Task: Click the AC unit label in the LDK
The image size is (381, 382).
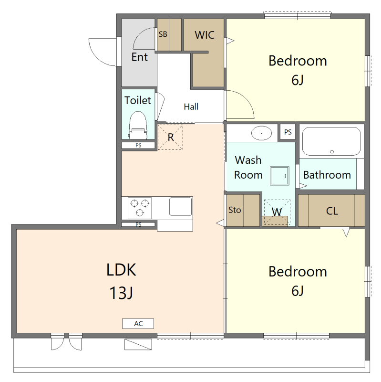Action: tap(138, 324)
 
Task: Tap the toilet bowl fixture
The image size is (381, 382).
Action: tap(138, 125)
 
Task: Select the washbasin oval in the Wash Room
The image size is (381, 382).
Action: tap(261, 133)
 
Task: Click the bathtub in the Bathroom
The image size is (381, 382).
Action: tap(331, 141)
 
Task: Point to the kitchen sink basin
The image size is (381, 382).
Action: tap(181, 206)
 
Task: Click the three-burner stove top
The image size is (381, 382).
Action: tap(140, 208)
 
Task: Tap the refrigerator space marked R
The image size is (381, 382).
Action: tap(170, 137)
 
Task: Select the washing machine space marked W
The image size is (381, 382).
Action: tap(277, 212)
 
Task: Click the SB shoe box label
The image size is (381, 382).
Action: tap(163, 34)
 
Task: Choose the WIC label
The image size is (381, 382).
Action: tap(205, 35)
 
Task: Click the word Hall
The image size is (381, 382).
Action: tap(191, 106)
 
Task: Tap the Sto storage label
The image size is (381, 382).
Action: tap(235, 210)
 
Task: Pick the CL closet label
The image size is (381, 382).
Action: tap(332, 211)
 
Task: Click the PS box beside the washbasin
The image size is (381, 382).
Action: tap(288, 132)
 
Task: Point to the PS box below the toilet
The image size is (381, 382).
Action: tap(138, 146)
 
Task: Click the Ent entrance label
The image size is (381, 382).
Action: tap(139, 57)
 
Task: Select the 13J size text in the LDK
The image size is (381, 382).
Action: tap(121, 293)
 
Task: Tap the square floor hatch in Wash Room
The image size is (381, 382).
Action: tap(279, 176)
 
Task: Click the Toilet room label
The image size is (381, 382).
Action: tap(138, 100)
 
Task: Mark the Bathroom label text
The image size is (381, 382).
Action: tap(327, 175)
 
